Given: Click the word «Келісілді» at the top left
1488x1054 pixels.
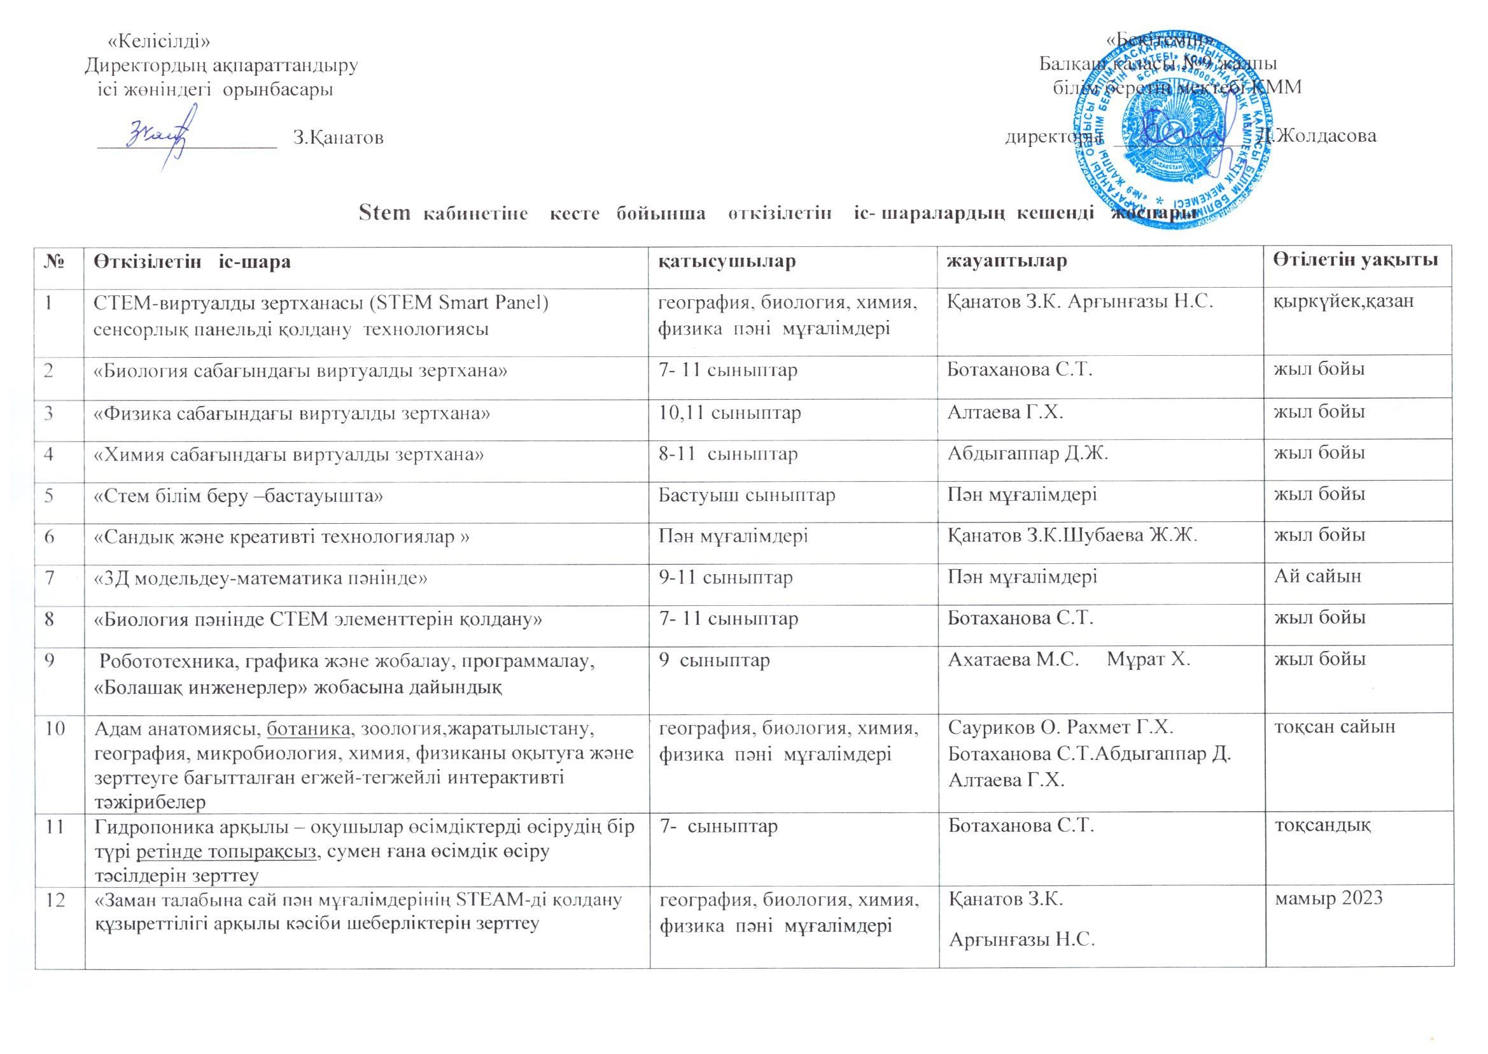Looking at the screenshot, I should pos(158,41).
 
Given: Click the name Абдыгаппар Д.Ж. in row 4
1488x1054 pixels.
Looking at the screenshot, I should pos(1027,453).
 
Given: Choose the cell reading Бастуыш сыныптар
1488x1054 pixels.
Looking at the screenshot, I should pos(747,495).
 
